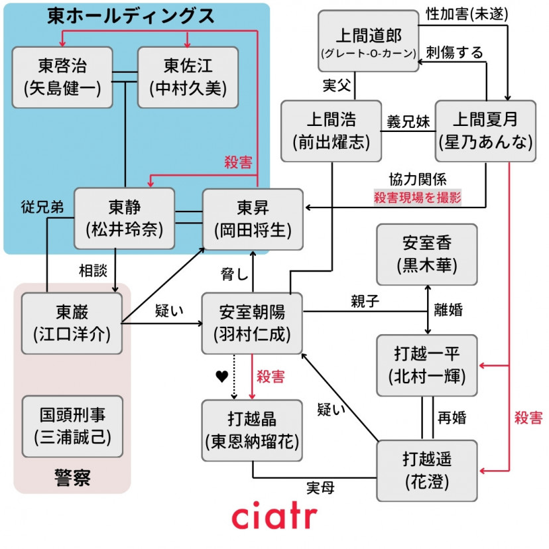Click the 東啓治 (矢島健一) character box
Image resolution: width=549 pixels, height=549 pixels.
(x=62, y=77)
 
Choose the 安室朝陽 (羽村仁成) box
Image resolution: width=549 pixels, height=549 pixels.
(x=252, y=323)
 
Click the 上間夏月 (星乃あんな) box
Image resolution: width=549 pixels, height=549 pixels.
(x=485, y=131)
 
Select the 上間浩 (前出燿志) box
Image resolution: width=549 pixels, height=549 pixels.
(x=330, y=131)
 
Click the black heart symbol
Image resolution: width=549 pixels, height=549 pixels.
(x=221, y=377)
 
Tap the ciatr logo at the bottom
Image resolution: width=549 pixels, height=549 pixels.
(x=274, y=517)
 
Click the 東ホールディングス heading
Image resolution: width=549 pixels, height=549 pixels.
(x=131, y=16)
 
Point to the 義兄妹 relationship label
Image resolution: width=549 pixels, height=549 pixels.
(x=407, y=122)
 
